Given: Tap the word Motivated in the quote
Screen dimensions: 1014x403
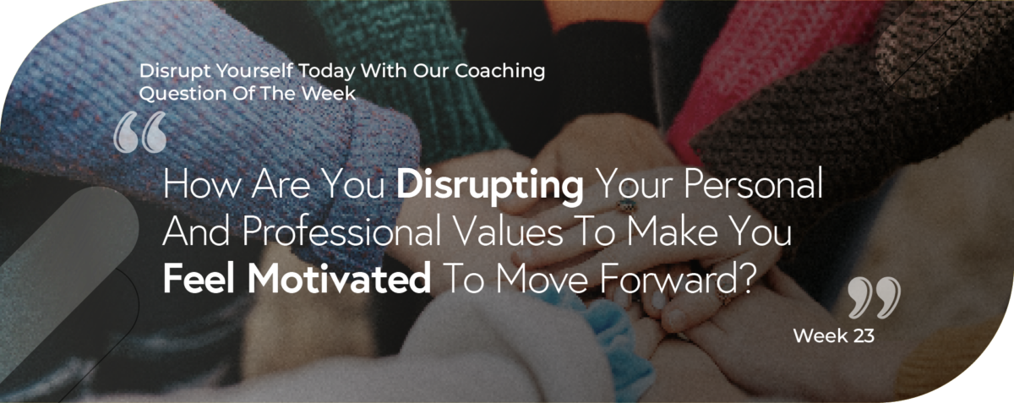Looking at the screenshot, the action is pos(339,278).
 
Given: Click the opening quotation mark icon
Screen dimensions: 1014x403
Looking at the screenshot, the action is pos(140,132).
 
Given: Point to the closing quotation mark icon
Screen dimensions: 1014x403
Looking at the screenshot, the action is pos(874,297).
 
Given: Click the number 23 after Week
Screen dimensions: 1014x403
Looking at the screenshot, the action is pos(864,336).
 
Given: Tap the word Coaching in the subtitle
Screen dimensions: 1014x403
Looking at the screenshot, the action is pos(499,72).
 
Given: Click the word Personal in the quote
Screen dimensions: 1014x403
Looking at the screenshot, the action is pos(753,185).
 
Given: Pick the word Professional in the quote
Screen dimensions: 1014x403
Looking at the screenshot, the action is pos(341,231).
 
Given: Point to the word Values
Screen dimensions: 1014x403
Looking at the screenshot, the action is pos(509,231).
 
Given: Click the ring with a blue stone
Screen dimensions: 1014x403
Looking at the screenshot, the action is pos(627,204).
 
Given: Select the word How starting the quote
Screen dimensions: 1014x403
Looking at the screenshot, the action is pos(201,185).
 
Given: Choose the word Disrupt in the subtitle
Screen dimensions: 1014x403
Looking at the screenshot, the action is pos(175,72).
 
